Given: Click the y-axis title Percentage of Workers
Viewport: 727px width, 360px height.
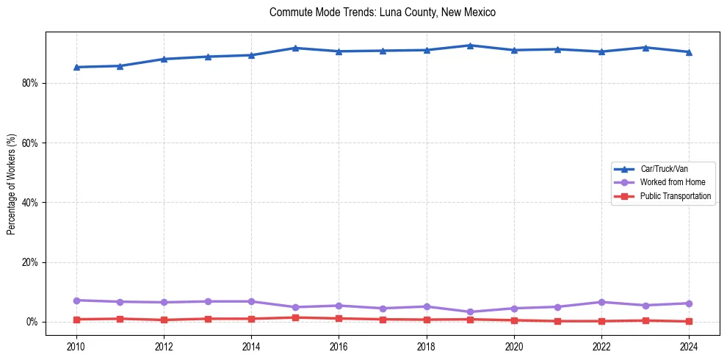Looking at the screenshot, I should click(11, 184).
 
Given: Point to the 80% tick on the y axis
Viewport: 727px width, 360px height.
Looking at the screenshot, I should click(30, 83).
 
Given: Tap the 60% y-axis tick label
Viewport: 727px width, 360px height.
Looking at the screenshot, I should click(30, 143).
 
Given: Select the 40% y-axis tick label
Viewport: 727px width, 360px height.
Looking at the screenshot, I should click(30, 203).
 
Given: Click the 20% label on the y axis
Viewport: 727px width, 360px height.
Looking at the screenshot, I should click(30, 262).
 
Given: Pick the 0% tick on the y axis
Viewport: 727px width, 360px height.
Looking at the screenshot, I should click(33, 322).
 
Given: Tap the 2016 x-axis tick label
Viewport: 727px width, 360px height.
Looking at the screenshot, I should click(339, 346).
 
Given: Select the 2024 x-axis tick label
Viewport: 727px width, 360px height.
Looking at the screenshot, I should click(689, 346).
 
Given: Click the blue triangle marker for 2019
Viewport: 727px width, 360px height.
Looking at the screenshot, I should click(470, 46).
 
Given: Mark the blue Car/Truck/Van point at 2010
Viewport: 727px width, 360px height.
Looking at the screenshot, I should click(76, 67).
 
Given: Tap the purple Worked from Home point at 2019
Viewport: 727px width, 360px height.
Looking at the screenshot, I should click(470, 312).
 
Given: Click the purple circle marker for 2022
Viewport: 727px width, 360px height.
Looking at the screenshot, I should click(601, 302).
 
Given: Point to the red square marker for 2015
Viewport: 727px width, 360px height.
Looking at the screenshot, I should click(295, 317).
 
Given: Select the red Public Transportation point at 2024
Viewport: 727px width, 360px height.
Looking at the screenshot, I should click(689, 321).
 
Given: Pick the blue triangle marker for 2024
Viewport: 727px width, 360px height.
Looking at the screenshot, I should click(689, 52).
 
